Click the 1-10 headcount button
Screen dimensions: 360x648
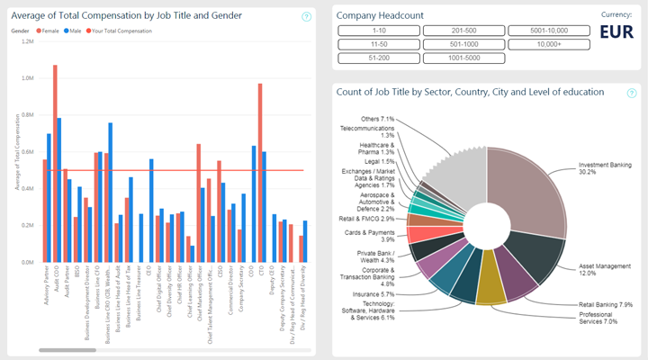[378, 31]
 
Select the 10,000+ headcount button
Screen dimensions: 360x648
[547, 43]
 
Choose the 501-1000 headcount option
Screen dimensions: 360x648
[463, 43]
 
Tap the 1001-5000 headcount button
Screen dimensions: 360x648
[463, 56]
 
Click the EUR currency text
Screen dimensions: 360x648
[616, 33]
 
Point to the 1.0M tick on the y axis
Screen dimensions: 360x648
[28, 77]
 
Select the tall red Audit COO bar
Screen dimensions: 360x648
[55, 162]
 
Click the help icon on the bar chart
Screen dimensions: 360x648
[306, 17]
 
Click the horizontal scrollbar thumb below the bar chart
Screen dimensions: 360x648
[61, 350]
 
